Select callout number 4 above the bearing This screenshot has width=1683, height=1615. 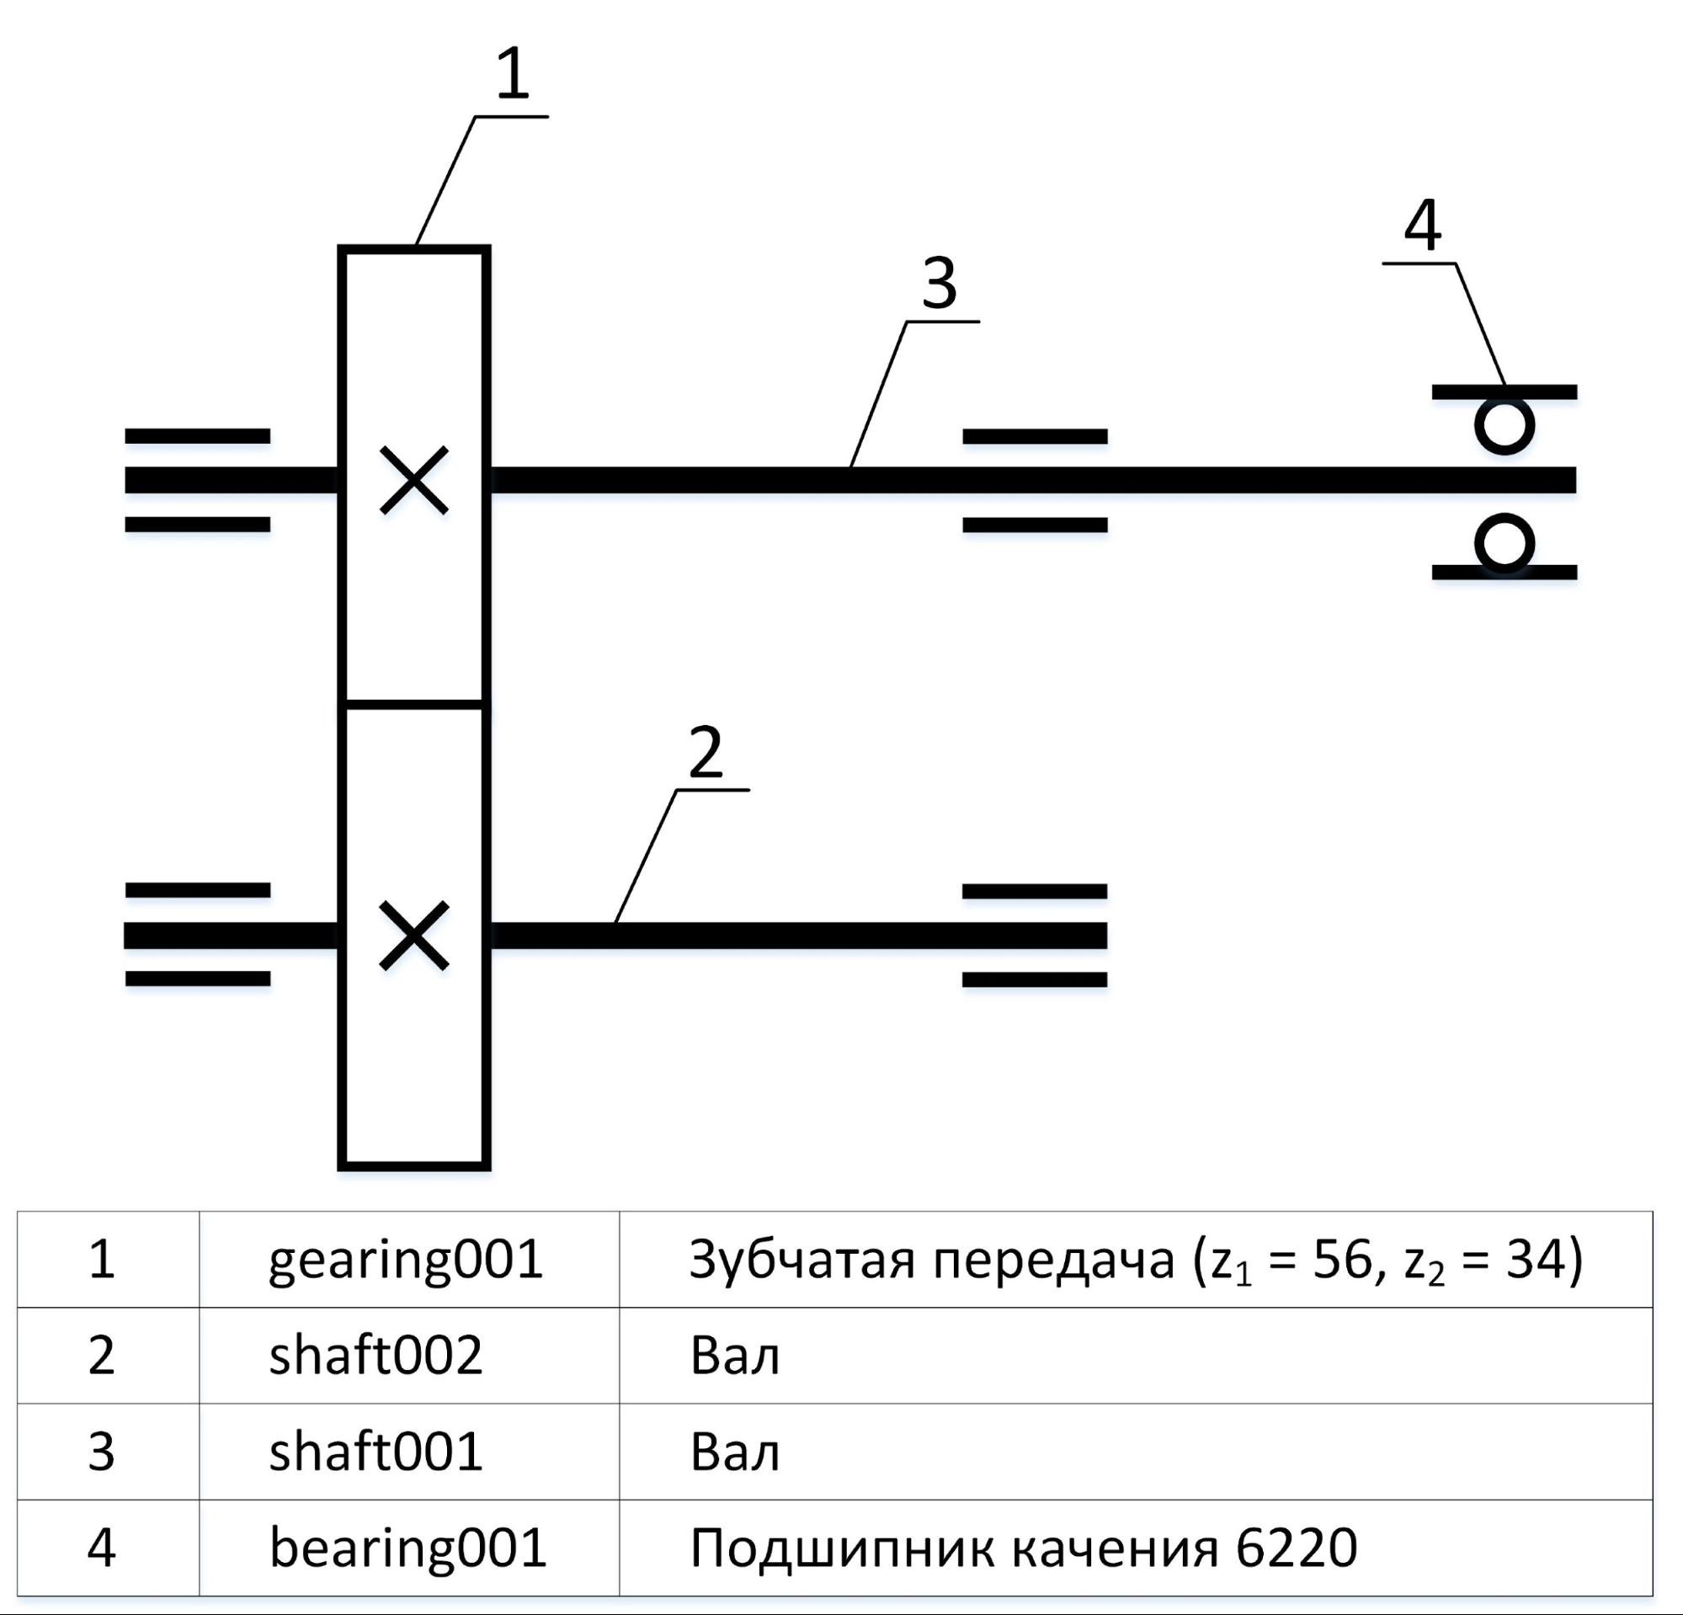(x=1423, y=227)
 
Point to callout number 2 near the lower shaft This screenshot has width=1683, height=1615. (x=706, y=752)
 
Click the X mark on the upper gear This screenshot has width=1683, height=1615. (x=414, y=480)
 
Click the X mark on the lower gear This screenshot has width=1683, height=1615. (x=414, y=935)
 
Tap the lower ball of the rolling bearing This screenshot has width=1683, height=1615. (x=1505, y=542)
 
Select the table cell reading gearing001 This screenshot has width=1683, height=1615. (x=405, y=1260)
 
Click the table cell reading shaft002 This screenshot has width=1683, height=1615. (x=375, y=1356)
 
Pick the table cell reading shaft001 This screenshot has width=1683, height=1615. (x=375, y=1452)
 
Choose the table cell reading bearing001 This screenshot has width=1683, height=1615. (x=407, y=1548)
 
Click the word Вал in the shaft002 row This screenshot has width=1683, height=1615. (x=734, y=1356)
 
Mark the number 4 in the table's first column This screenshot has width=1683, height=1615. (x=101, y=1548)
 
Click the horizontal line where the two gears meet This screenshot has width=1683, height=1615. (x=414, y=704)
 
